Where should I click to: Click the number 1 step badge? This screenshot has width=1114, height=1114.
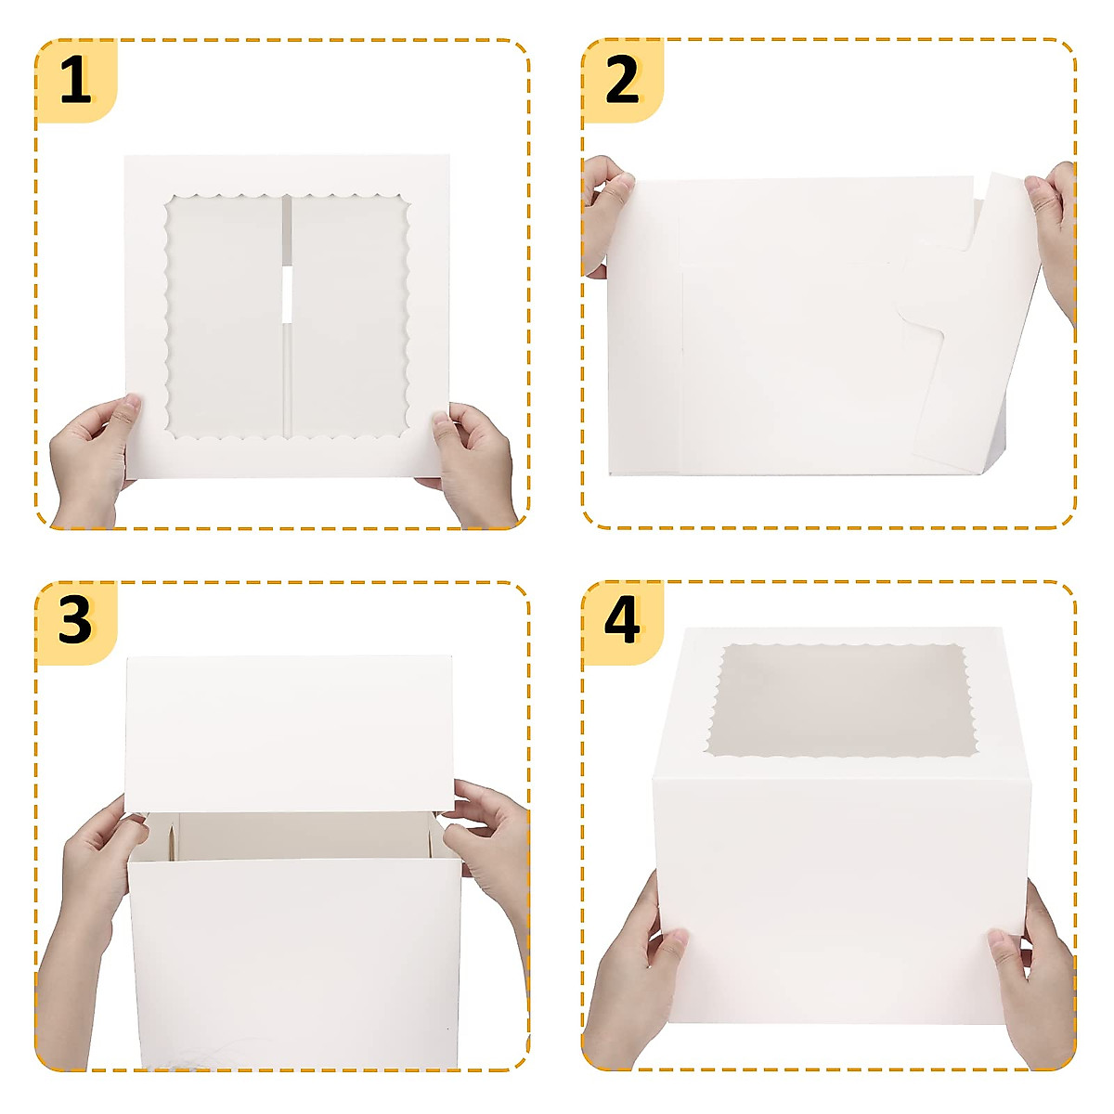click(76, 80)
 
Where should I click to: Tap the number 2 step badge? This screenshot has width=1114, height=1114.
click(623, 80)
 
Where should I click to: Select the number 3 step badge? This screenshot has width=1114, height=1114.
click(76, 622)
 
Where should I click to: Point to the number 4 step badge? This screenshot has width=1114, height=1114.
click(623, 622)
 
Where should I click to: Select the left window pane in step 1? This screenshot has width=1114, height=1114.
click(226, 316)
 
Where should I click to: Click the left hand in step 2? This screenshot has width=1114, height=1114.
click(605, 214)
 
